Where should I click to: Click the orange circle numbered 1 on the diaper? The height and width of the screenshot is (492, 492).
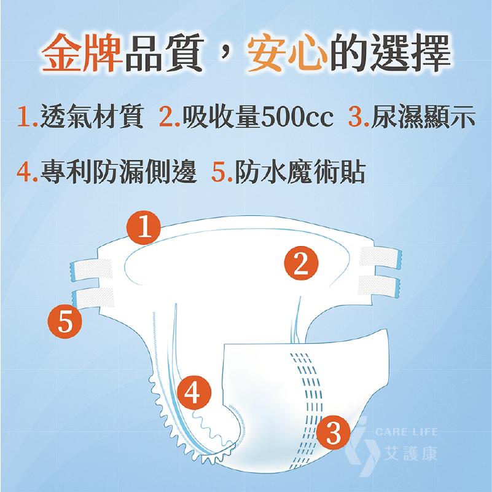click(144, 228)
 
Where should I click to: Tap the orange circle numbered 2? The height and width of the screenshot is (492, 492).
click(301, 263)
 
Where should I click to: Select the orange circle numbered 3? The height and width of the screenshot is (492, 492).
click(334, 432)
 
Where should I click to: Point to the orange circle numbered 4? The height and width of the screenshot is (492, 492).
click(194, 392)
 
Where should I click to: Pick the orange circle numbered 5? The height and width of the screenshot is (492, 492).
click(64, 321)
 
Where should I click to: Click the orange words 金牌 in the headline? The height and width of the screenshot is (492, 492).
click(82, 52)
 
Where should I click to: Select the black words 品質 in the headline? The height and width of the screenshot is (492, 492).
click(164, 52)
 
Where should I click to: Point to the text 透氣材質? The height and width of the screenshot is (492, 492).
click(92, 116)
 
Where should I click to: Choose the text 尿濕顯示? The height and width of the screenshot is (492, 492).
click(423, 116)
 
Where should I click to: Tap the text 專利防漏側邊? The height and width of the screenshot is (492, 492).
click(119, 172)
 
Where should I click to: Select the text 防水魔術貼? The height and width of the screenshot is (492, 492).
click(300, 172)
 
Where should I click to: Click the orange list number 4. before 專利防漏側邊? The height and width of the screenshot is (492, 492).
click(27, 173)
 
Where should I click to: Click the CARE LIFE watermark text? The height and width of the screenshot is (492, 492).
click(407, 432)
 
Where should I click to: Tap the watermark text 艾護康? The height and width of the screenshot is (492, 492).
click(410, 453)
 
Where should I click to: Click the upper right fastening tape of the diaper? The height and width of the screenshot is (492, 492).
click(381, 258)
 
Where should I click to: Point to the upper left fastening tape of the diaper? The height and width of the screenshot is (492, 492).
click(92, 269)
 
